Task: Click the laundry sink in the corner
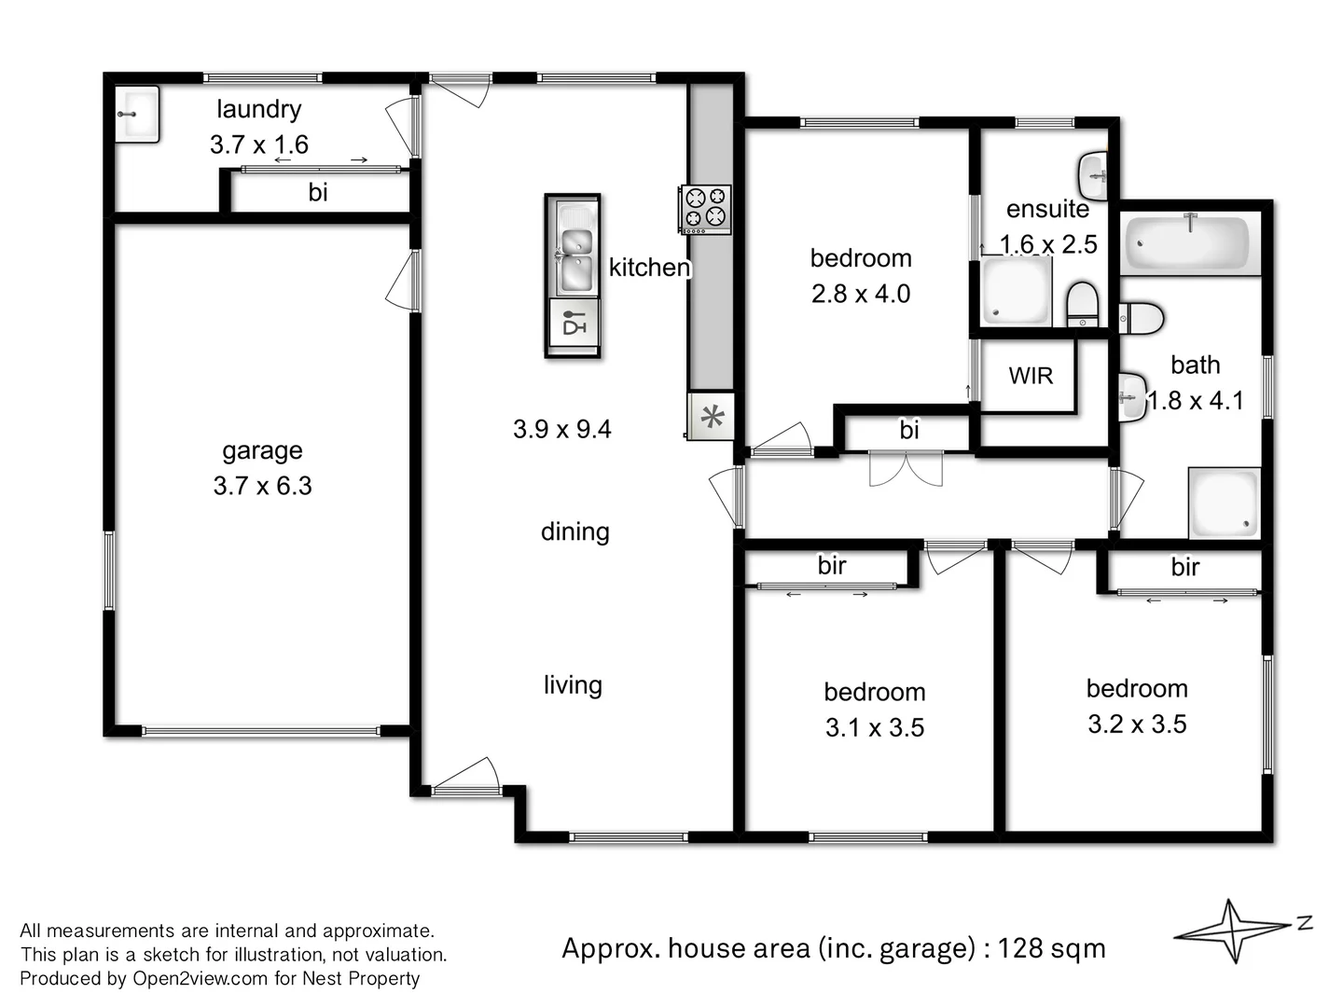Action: (137, 114)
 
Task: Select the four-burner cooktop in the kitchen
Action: (705, 208)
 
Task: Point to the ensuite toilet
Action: (1082, 304)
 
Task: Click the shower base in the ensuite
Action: (1016, 291)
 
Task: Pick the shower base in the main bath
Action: (1224, 503)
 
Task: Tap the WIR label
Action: (1031, 376)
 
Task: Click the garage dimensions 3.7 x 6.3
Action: (262, 486)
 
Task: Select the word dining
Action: (575, 531)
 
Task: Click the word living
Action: (573, 685)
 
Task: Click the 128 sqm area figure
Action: (1051, 948)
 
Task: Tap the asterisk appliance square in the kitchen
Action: (712, 417)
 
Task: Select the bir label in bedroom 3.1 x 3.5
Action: (832, 565)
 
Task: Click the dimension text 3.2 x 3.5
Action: (1137, 724)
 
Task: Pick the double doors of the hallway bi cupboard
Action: (906, 468)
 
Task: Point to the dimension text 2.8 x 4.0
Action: (861, 294)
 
